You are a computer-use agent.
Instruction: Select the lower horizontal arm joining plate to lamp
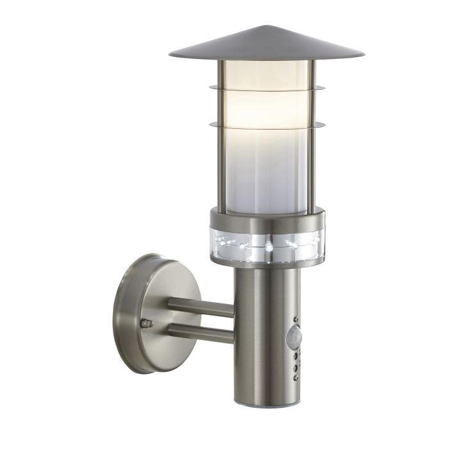[201, 332]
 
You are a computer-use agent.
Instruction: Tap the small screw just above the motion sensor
[296, 317]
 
